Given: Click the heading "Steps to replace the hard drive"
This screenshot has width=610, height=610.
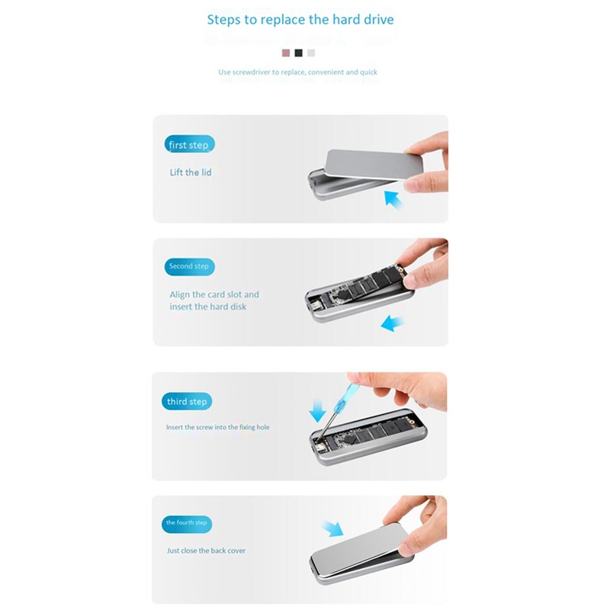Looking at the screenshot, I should pos(300,19).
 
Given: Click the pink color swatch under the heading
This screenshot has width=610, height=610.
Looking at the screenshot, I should pos(286,53).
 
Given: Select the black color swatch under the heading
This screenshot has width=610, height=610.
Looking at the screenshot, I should pos(298,53).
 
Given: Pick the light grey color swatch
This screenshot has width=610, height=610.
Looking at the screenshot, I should pos(311,53).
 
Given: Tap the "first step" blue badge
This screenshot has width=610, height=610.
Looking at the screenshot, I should pos(189,145).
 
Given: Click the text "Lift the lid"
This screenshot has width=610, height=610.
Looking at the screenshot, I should pos(191,172).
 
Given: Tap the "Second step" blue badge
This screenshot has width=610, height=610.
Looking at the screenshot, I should pos(189,267).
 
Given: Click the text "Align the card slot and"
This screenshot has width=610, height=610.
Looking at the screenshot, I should pos(214,294).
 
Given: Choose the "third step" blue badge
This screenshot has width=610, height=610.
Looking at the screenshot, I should pos(188,402).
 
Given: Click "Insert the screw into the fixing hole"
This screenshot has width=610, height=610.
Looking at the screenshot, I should pos(217,428).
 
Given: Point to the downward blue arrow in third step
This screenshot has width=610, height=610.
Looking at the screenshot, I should pos(317,410).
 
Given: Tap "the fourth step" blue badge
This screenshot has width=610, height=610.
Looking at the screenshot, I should pos(187,523).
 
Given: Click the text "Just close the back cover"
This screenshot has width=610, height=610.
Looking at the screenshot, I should pos(207,551).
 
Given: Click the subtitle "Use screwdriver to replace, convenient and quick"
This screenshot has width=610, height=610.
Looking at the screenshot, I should pos(297,72).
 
